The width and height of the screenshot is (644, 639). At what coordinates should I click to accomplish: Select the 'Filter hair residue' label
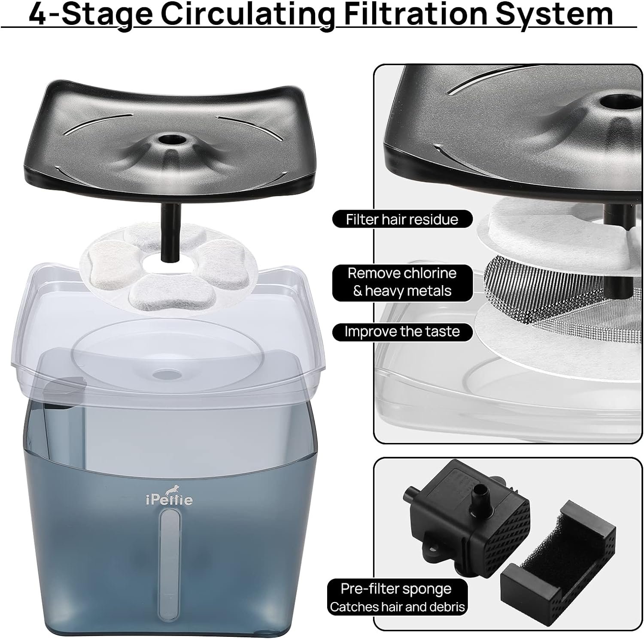(x=402, y=219)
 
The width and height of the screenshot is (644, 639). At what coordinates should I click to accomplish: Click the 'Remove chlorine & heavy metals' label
(x=402, y=282)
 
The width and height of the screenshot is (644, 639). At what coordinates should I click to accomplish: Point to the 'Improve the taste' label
(x=402, y=332)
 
